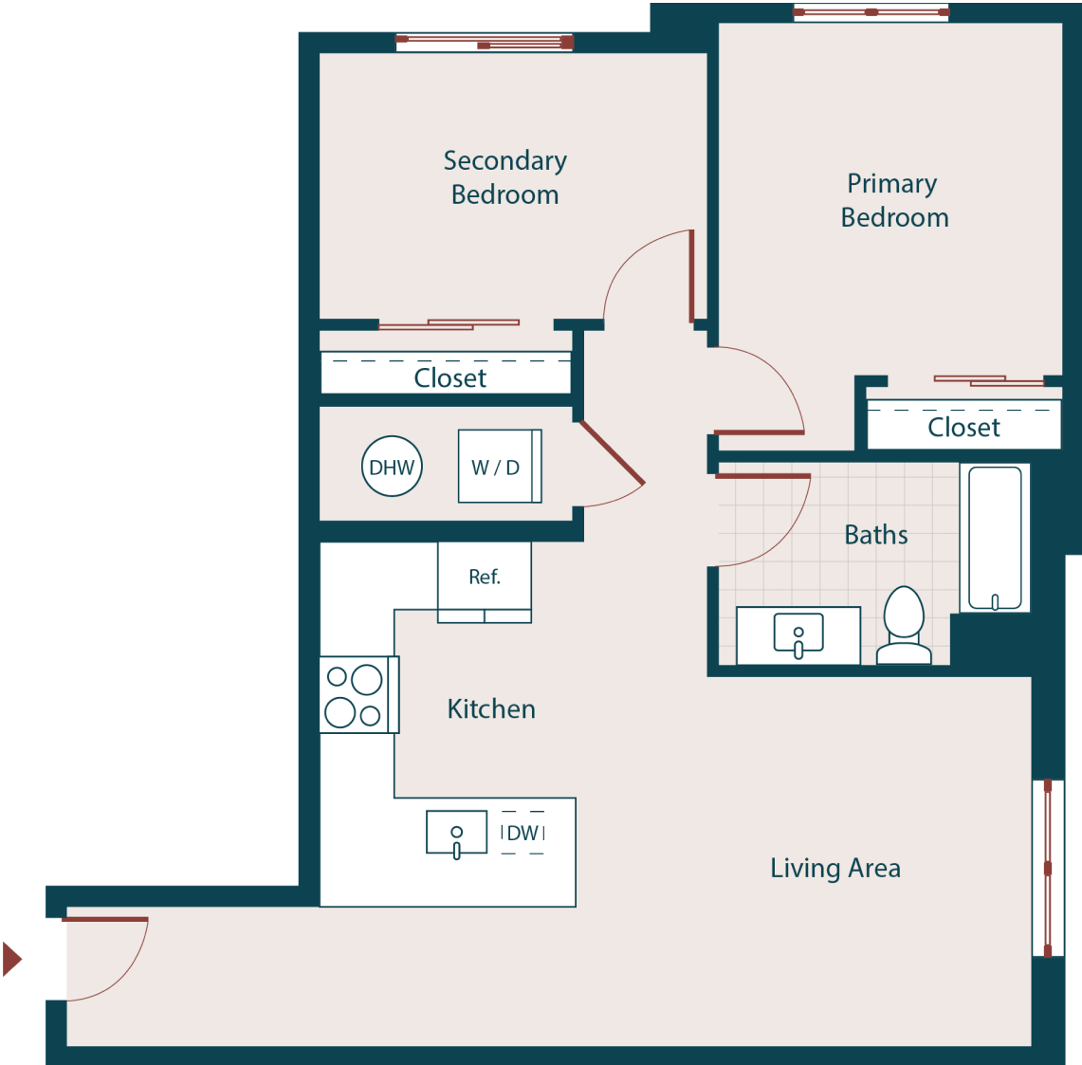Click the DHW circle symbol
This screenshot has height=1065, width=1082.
coord(392,467)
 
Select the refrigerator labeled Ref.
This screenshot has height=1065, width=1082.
coord(485,577)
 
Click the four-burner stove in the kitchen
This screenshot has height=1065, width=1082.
coord(357,695)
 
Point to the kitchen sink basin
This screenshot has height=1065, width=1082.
coord(456,833)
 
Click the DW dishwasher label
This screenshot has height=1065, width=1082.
coord(523,833)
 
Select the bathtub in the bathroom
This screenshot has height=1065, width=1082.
coord(994,538)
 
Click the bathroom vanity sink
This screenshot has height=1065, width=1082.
coord(798,634)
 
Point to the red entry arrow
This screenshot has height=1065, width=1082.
coord(12,959)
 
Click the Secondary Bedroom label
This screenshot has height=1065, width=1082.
coord(504,177)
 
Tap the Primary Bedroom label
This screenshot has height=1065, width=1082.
coord(893,200)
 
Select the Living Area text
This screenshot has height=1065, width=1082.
coord(834,868)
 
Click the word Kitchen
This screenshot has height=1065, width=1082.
coord(491,708)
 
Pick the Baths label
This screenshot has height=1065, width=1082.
coord(876,535)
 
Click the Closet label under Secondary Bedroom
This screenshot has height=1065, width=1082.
coord(449,377)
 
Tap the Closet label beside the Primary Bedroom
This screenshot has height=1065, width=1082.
coord(963,427)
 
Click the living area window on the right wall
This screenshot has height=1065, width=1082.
coord(1047,868)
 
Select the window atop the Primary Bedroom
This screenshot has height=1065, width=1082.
coord(871,12)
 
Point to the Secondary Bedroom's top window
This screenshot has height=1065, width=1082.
coord(485,42)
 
